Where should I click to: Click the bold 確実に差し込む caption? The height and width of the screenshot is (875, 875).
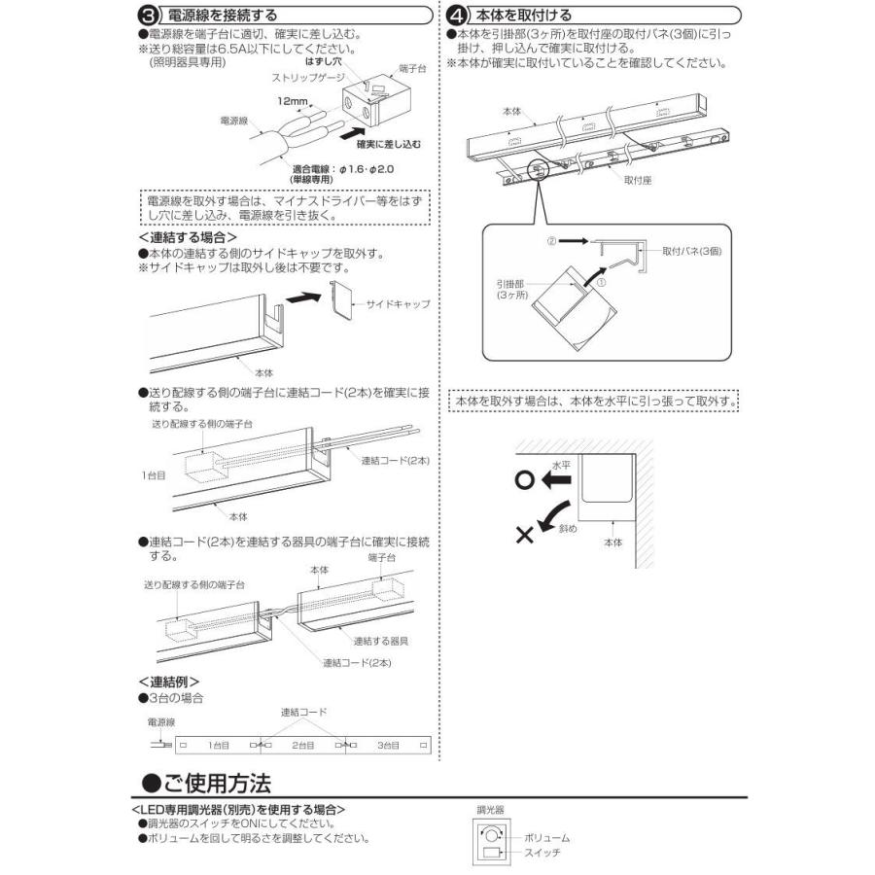pos(389,144)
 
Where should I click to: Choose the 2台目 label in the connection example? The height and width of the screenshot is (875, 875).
pos(303,745)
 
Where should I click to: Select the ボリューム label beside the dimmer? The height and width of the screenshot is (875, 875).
pos(546,837)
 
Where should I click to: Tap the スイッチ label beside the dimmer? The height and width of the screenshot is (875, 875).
pos(542,852)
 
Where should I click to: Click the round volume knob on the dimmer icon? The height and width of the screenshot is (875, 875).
pos(493,834)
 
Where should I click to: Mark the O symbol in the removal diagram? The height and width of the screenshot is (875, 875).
pos(526,480)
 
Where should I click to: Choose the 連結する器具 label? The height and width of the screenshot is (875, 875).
pos(379,641)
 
